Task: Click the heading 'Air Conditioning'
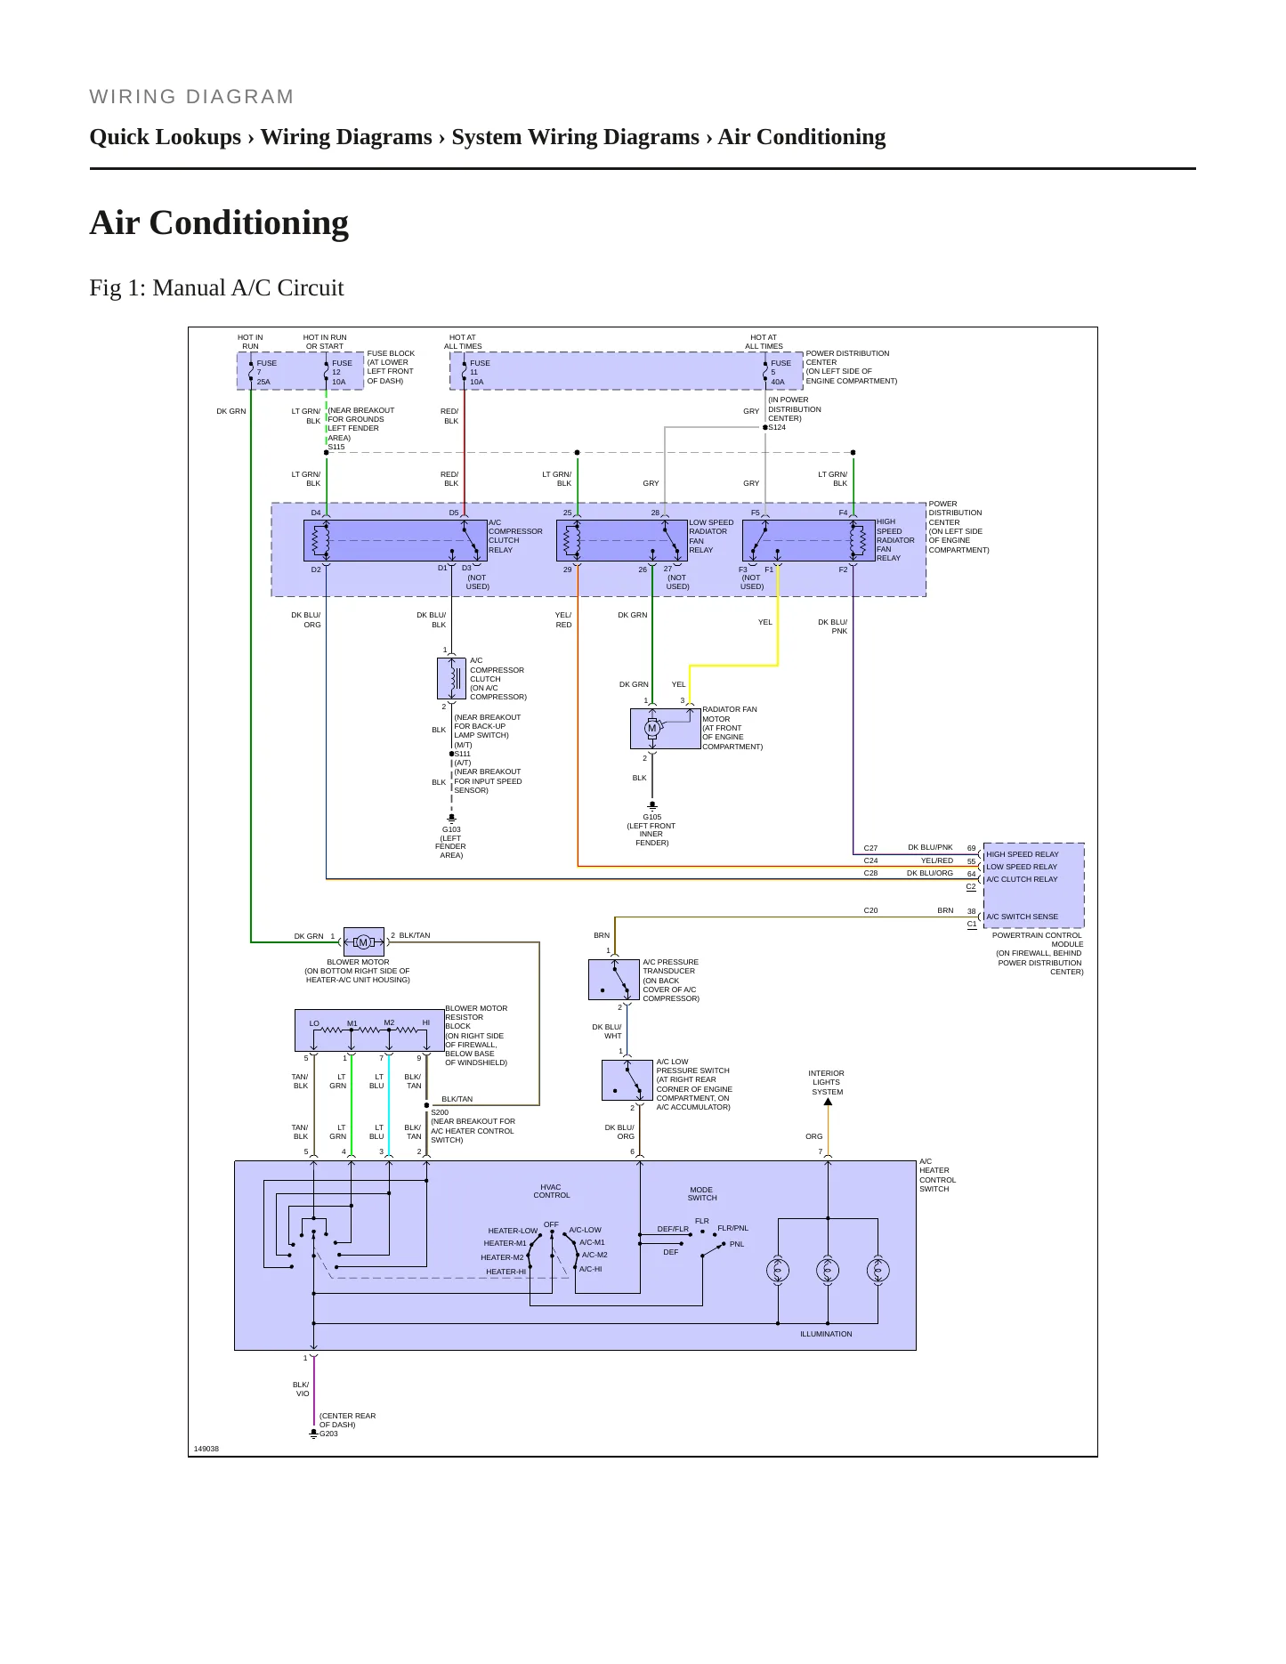point(219,222)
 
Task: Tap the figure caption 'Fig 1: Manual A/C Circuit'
point(216,287)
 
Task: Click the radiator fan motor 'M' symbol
point(651,728)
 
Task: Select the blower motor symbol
point(363,942)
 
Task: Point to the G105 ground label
point(651,817)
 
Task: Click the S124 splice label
point(777,428)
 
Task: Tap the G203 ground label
point(328,1434)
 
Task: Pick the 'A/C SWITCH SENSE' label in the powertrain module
point(1022,917)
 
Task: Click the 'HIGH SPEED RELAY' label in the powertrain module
point(1022,854)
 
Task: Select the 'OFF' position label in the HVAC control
point(551,1224)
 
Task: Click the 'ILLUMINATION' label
point(826,1334)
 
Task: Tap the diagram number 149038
point(206,1449)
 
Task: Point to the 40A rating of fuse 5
point(778,382)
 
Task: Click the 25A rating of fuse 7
point(263,382)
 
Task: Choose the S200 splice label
point(440,1112)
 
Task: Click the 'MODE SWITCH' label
point(701,1193)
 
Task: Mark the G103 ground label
point(451,829)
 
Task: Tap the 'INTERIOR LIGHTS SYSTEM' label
point(827,1082)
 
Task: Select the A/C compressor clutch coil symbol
point(452,678)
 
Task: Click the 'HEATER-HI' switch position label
point(506,1272)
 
